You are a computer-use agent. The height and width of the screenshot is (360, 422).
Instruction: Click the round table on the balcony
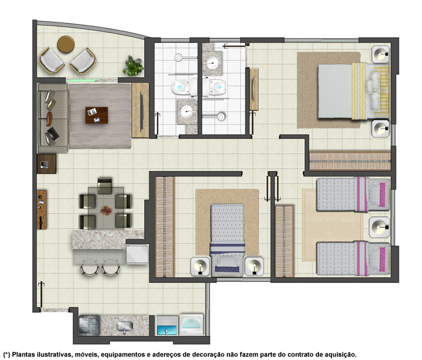[66, 44]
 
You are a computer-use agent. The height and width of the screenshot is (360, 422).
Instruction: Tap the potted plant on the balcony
[133, 66]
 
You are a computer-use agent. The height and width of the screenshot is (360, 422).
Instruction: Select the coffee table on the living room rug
[97, 115]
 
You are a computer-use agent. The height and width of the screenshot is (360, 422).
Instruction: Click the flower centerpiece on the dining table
[106, 210]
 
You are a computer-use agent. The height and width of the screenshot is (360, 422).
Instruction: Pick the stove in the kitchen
[89, 325]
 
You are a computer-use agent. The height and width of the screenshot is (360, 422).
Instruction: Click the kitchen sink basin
[125, 326]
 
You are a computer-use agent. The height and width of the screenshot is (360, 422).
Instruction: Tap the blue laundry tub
[167, 330]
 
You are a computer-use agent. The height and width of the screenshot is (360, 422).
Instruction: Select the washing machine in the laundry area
[191, 324]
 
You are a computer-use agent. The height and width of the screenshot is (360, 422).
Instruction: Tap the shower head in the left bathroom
[178, 57]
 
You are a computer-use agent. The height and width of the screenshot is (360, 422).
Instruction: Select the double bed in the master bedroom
[353, 91]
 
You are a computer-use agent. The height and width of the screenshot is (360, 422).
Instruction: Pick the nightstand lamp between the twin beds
[379, 227]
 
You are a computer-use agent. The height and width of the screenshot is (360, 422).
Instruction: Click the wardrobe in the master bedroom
[350, 161]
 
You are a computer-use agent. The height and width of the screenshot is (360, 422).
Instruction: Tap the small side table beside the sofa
[47, 164]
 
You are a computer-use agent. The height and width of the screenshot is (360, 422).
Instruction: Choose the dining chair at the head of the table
[105, 185]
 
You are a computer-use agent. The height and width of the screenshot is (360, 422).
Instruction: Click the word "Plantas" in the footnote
[23, 355]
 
